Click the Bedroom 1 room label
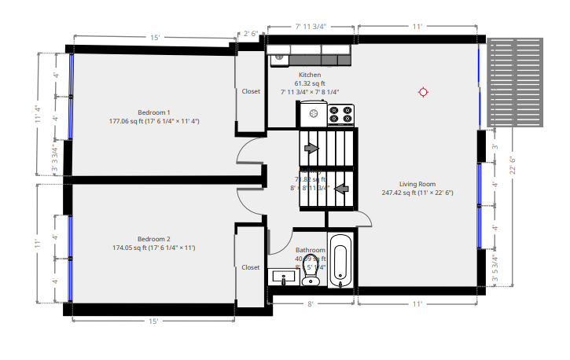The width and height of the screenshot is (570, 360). (x=154, y=112)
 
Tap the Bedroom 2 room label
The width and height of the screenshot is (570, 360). (x=154, y=238)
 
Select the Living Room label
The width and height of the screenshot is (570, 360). (x=417, y=184)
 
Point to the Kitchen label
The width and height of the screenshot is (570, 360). (x=310, y=75)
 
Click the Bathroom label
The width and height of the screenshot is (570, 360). (x=310, y=250)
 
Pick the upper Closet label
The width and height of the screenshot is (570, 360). (x=251, y=91)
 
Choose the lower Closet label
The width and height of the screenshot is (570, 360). (x=251, y=267)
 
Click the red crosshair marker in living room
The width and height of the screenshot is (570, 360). (x=423, y=92)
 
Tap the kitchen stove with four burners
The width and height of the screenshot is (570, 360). (x=342, y=115)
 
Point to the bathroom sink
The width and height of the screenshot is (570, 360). (x=280, y=277)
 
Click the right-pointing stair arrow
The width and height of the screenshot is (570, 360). (x=311, y=148)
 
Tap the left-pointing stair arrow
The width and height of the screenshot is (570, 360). (x=342, y=189)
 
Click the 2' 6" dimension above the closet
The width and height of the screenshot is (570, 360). (x=251, y=33)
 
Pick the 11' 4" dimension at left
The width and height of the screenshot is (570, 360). (x=37, y=114)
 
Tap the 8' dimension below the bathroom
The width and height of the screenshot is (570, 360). (x=310, y=304)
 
